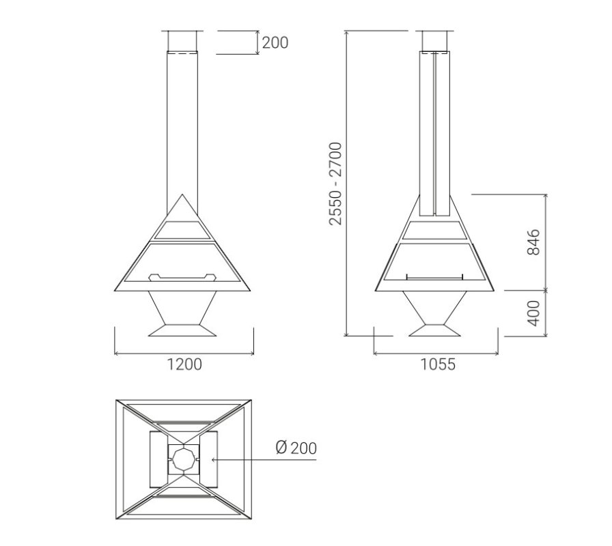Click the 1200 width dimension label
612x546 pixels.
click(184, 364)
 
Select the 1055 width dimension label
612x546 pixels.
click(438, 364)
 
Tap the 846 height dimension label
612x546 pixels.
click(533, 242)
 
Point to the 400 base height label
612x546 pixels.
click(533, 313)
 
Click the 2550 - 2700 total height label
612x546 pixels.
click(335, 184)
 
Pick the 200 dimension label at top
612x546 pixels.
click(275, 42)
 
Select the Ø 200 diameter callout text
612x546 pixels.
click(296, 448)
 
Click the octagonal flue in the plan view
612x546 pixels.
click(184, 460)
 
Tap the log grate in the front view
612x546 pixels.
click(182, 277)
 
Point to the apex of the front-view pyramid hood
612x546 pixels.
click(182, 195)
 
